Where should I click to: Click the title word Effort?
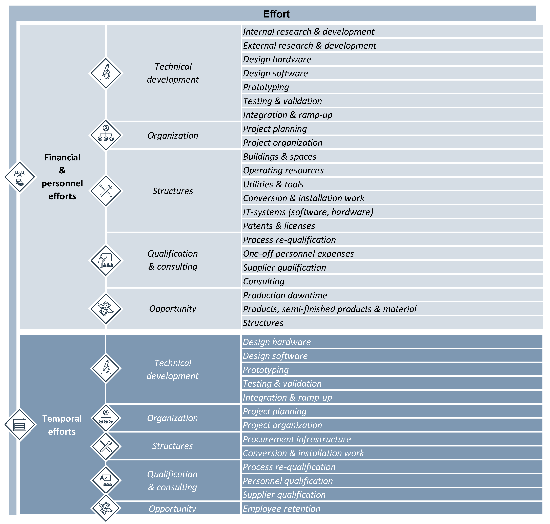point(276,14)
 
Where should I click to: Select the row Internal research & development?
point(308,32)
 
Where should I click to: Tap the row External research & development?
point(309,46)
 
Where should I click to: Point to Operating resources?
point(283,170)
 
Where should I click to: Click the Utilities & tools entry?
point(273,184)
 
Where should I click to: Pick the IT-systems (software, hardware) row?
point(308,212)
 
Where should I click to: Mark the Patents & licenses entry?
point(279,226)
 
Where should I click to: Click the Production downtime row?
point(285,295)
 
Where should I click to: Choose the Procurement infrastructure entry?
point(296,439)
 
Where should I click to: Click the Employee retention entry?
point(281,509)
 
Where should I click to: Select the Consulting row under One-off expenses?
point(263,281)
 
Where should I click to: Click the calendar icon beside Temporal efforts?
point(19,425)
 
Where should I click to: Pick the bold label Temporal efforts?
point(62,425)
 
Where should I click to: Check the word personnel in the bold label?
point(62,183)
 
